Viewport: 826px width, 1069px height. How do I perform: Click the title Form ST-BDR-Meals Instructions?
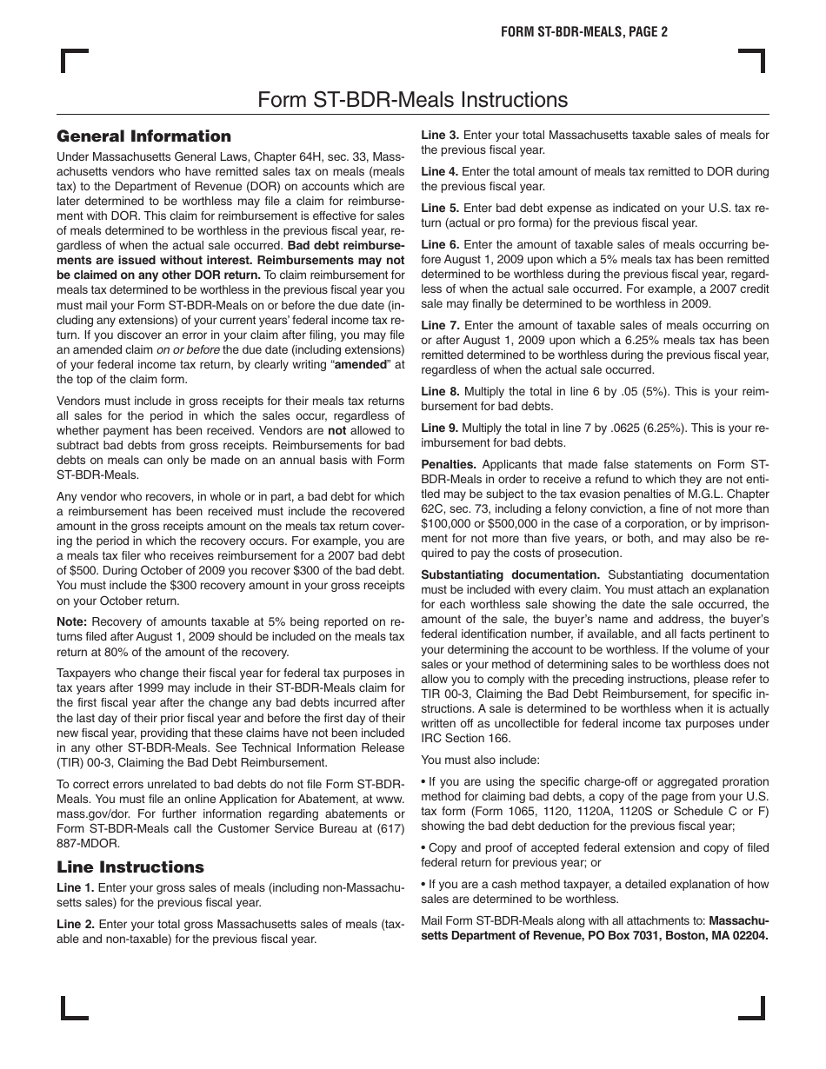tap(413, 100)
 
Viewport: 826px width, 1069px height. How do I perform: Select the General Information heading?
tap(143, 136)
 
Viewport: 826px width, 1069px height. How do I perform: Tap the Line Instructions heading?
tap(130, 866)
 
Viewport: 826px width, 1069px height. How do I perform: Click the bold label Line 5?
tap(440, 208)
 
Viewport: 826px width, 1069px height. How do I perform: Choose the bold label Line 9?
tap(440, 428)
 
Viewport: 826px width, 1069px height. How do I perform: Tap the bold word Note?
tap(72, 621)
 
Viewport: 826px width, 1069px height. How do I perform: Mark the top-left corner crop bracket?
tap(74, 63)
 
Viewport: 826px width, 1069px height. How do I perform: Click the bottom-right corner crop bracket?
tap(751, 1006)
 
